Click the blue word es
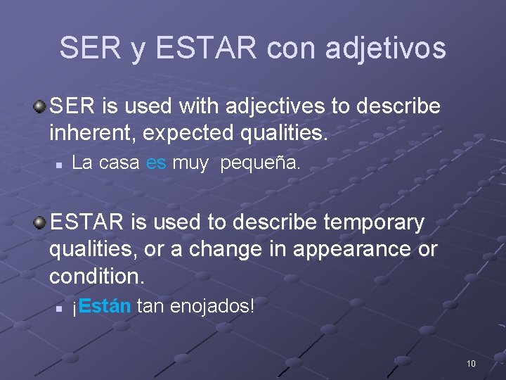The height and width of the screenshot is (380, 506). pyautogui.click(x=156, y=164)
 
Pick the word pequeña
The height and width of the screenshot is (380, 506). pyautogui.click(x=260, y=164)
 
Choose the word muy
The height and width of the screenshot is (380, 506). pyautogui.click(x=190, y=164)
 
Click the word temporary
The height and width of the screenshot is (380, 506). pyautogui.click(x=366, y=222)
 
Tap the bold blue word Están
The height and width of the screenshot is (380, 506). pyautogui.click(x=105, y=306)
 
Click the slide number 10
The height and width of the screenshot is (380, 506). pyautogui.click(x=470, y=364)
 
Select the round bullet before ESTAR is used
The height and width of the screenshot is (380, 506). pyautogui.click(x=40, y=223)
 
